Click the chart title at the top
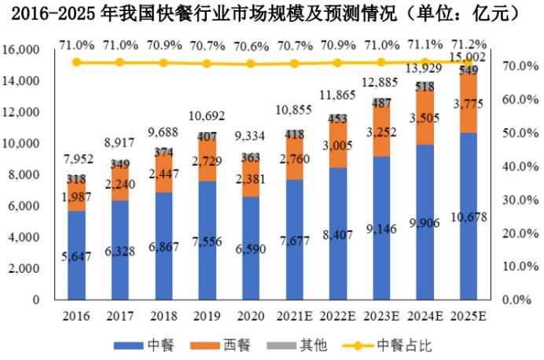tap(272, 13)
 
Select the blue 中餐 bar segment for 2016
tap(76, 255)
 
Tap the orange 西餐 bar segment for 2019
tap(208, 160)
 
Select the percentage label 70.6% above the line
tap(252, 45)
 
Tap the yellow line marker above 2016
tap(76, 62)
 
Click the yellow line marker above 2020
tap(252, 64)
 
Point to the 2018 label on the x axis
tap(164, 316)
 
